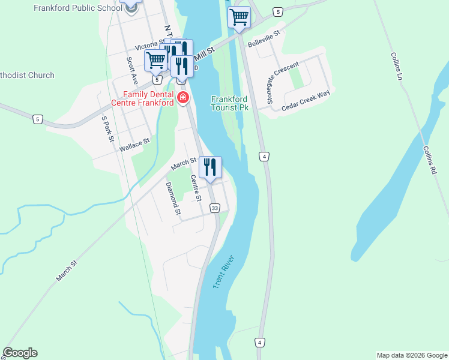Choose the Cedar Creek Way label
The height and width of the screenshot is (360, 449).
point(306,99)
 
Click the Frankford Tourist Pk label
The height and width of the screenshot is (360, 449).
point(230,103)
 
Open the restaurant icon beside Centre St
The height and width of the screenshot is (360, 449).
point(210,167)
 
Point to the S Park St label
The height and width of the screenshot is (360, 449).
point(107,129)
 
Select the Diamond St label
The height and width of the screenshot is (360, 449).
point(173,199)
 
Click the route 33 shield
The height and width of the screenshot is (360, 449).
point(214,208)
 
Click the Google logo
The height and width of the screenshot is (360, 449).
point(20,353)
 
